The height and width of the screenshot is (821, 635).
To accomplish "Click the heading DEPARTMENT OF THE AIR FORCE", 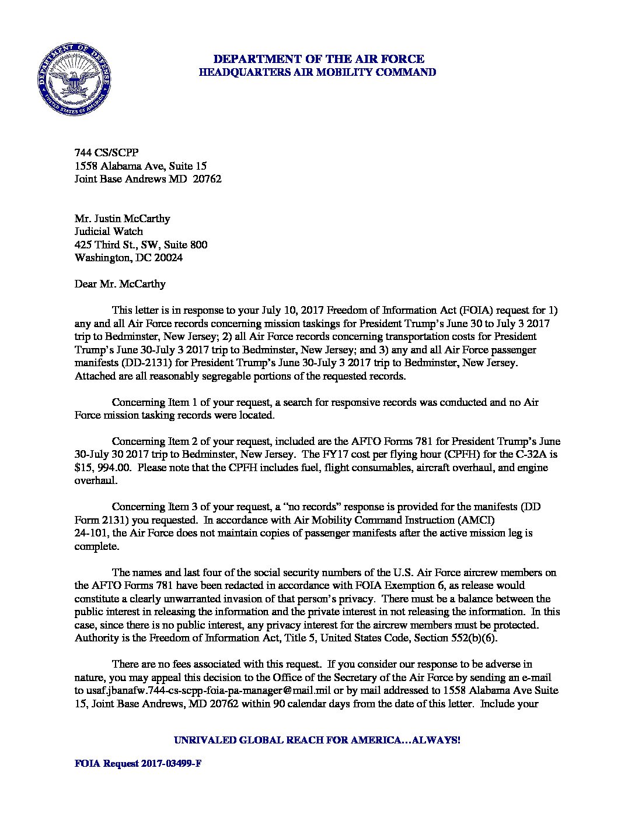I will [x=318, y=59].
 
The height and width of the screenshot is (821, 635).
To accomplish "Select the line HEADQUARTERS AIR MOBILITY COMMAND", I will [x=318, y=72].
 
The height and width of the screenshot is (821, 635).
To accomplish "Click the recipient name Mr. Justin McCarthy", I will [x=123, y=219].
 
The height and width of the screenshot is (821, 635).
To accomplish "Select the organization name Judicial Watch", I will [x=109, y=231].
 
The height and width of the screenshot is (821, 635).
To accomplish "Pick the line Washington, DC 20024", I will [x=129, y=258].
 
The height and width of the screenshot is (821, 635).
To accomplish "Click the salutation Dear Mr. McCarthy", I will [x=120, y=284].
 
